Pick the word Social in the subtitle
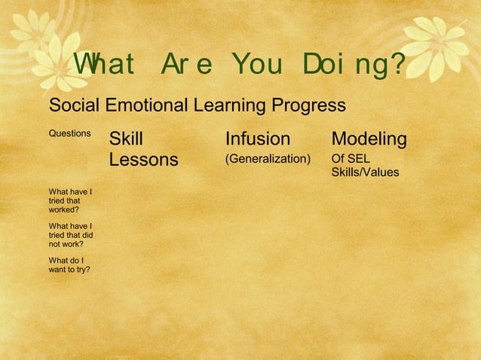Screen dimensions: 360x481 pos(73,105)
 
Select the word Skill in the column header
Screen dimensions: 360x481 pos(126,139)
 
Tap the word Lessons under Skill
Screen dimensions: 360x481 pos(143,160)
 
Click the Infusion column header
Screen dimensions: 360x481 pos(257,139)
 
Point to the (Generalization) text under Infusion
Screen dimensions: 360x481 pos(268,159)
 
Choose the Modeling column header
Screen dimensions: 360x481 pos(369,139)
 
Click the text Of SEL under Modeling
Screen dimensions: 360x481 pos(351,159)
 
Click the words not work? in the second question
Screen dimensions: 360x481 pos(66,243)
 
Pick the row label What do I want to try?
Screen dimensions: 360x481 pos(69,264)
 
